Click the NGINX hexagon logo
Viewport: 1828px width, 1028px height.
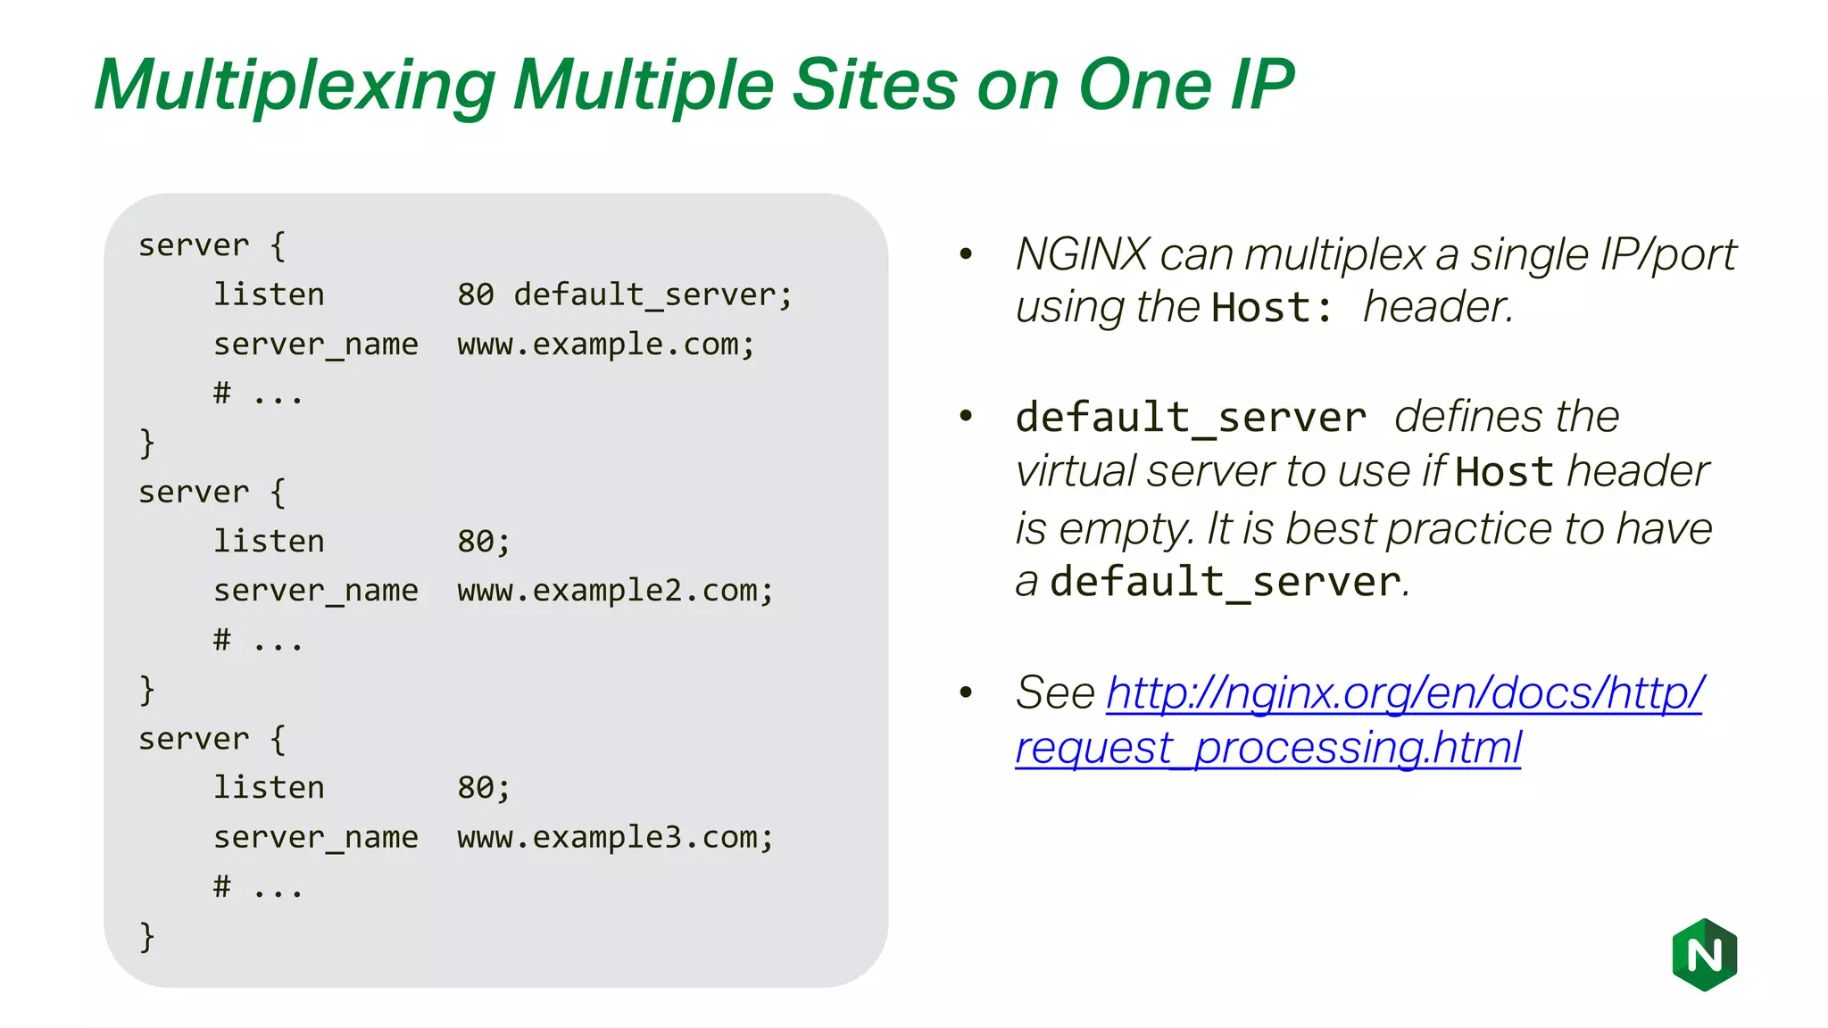tap(1704, 955)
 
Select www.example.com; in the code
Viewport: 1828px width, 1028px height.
tap(606, 344)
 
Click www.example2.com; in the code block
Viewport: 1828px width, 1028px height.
tap(615, 591)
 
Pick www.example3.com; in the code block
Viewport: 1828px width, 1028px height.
tap(615, 837)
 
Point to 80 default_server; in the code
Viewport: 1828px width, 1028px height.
tap(624, 294)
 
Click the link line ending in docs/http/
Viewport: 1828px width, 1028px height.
tap(1405, 692)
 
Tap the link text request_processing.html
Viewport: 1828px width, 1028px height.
tap(1267, 748)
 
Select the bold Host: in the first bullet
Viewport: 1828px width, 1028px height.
tap(1272, 308)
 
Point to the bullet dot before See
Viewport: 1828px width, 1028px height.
tap(966, 692)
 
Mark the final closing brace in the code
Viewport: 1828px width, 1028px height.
tap(147, 936)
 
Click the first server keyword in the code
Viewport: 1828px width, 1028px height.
tap(194, 245)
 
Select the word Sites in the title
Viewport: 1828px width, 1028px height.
tap(875, 85)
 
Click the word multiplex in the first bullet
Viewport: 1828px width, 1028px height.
tap(1334, 255)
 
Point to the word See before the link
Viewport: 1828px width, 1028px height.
tap(1055, 692)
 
